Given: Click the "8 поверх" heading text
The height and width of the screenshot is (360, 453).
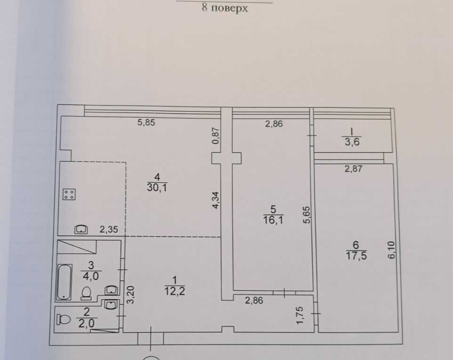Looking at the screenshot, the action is pyautogui.click(x=225, y=8).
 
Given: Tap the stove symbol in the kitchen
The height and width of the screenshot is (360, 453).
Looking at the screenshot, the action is pyautogui.click(x=69, y=194).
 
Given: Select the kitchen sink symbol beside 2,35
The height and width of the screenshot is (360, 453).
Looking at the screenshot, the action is pyautogui.click(x=81, y=229).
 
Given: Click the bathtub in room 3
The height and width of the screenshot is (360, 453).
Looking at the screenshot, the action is pyautogui.click(x=65, y=282).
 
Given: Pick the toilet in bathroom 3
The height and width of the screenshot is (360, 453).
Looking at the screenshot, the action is pyautogui.click(x=86, y=293).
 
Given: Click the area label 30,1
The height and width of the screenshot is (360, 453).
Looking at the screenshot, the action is pyautogui.click(x=157, y=188).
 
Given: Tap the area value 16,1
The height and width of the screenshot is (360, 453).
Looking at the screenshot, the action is pyautogui.click(x=273, y=220).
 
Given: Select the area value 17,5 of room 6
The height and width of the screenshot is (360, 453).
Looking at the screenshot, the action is pyautogui.click(x=356, y=255).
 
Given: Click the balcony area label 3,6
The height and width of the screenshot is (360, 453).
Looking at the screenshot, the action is pyautogui.click(x=352, y=142).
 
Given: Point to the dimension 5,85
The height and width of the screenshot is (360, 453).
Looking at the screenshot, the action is pyautogui.click(x=146, y=123).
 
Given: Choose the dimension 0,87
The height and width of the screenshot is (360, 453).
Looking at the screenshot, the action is pyautogui.click(x=216, y=136).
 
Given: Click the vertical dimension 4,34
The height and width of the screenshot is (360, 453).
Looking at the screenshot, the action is pyautogui.click(x=216, y=200).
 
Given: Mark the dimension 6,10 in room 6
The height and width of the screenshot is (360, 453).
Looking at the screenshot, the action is pyautogui.click(x=391, y=250).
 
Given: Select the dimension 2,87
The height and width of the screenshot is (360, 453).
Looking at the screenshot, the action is pyautogui.click(x=353, y=168).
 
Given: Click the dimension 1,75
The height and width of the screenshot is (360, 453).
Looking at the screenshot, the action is pyautogui.click(x=300, y=315).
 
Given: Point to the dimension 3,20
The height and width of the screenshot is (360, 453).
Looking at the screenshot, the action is pyautogui.click(x=130, y=295).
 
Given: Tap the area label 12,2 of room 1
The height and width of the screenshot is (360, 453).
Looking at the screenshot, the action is pyautogui.click(x=175, y=291).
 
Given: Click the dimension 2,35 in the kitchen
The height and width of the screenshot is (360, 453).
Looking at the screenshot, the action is pyautogui.click(x=109, y=229).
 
